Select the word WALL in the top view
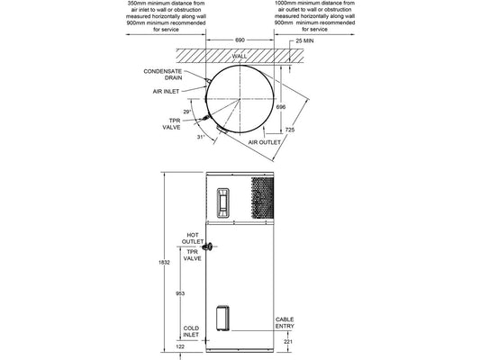tap(240, 56)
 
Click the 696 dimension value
tap(281, 106)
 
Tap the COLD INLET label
tap(191, 331)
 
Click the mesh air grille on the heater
tap(259, 197)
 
